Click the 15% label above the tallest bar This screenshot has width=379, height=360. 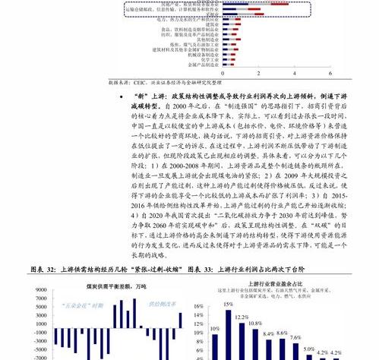[228, 305]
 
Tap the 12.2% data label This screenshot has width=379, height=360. [242, 317]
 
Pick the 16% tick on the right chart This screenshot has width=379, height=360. [198, 308]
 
